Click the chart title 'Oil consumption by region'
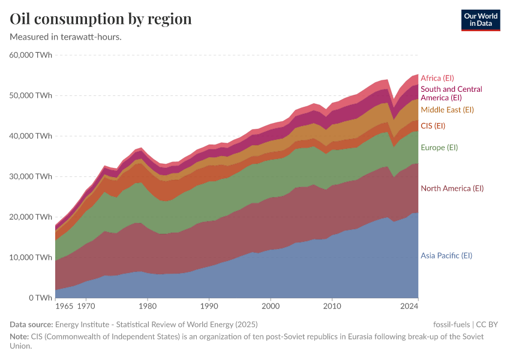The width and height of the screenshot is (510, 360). pyautogui.click(x=101, y=19)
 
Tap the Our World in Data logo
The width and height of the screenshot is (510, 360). pyautogui.click(x=481, y=20)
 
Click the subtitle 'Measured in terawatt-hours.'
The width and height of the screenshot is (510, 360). pyautogui.click(x=66, y=37)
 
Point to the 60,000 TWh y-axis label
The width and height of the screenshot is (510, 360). pyautogui.click(x=31, y=55)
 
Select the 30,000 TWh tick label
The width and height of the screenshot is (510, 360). pyautogui.click(x=31, y=176)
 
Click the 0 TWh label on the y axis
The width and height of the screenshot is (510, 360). pyautogui.click(x=39, y=298)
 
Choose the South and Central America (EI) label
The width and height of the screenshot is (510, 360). pyautogui.click(x=451, y=93)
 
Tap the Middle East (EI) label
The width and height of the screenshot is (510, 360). pyautogui.click(x=447, y=110)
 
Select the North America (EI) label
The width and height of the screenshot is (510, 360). pyautogui.click(x=452, y=188)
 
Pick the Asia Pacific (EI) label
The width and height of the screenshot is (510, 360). pyautogui.click(x=446, y=256)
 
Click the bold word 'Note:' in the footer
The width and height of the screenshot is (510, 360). pyautogui.click(x=20, y=337)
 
